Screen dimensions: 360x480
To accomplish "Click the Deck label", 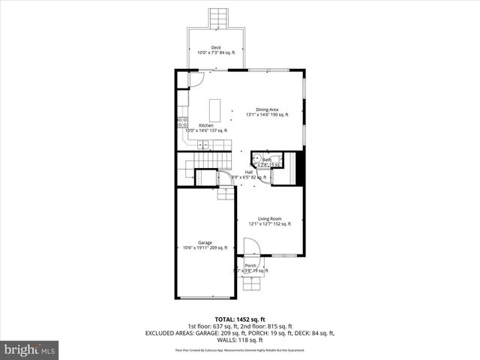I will tap(216, 47).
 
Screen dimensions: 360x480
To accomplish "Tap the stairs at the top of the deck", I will tap(217, 17).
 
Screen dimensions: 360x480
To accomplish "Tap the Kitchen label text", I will tap(205, 125).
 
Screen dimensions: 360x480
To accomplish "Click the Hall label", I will tap(248, 172).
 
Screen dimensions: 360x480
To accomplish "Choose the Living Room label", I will tap(269, 218).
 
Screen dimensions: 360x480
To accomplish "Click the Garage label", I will tap(205, 242).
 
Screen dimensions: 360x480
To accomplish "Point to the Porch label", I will tap(250, 265).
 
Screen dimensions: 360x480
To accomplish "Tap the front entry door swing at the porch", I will tap(250, 247).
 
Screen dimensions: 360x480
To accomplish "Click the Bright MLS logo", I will tap(29, 349).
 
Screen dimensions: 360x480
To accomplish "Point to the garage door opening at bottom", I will tap(204, 298).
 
